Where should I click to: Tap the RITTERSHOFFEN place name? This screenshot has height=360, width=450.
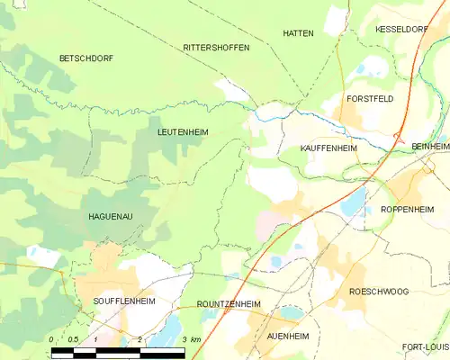[216, 47]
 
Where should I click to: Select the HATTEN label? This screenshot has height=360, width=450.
[298, 33]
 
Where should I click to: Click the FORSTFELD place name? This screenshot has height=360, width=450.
[370, 98]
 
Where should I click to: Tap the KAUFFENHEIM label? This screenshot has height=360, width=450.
[328, 147]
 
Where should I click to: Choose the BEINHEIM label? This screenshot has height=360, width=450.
[429, 146]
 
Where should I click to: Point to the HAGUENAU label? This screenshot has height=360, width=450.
[112, 217]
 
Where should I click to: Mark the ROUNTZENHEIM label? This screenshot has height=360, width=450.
[228, 304]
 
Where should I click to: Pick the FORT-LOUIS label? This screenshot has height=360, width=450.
[424, 346]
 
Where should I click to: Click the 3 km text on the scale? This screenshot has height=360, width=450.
[190, 338]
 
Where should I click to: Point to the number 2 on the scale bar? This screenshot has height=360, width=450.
[140, 338]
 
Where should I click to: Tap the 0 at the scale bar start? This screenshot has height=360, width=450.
[52, 338]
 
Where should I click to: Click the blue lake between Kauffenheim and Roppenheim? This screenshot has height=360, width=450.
[353, 202]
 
